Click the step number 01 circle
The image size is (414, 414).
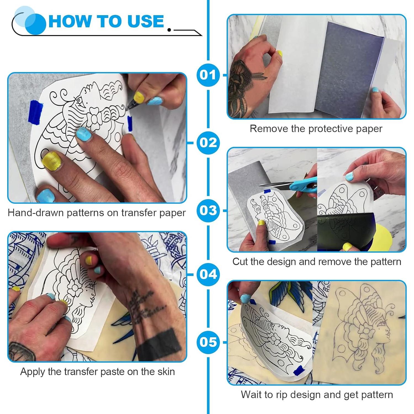coord(208,75)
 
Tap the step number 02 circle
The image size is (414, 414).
coord(208,143)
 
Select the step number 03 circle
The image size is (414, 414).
coord(208,211)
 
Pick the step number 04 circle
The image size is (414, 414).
coord(208,274)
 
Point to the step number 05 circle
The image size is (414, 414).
coord(208,342)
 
